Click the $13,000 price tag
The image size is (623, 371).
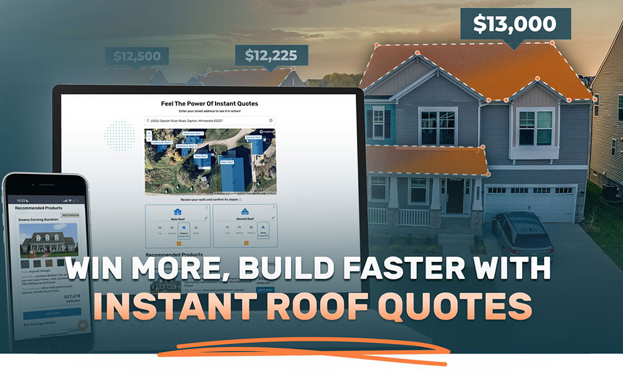point(515,24)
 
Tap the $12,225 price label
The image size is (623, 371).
point(271,55)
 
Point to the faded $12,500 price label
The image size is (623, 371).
point(137,56)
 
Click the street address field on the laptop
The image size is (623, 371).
point(209,120)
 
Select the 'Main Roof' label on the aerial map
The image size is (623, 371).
point(227,162)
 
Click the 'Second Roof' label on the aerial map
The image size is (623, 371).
point(253,137)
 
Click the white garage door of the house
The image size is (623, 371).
point(530,203)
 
